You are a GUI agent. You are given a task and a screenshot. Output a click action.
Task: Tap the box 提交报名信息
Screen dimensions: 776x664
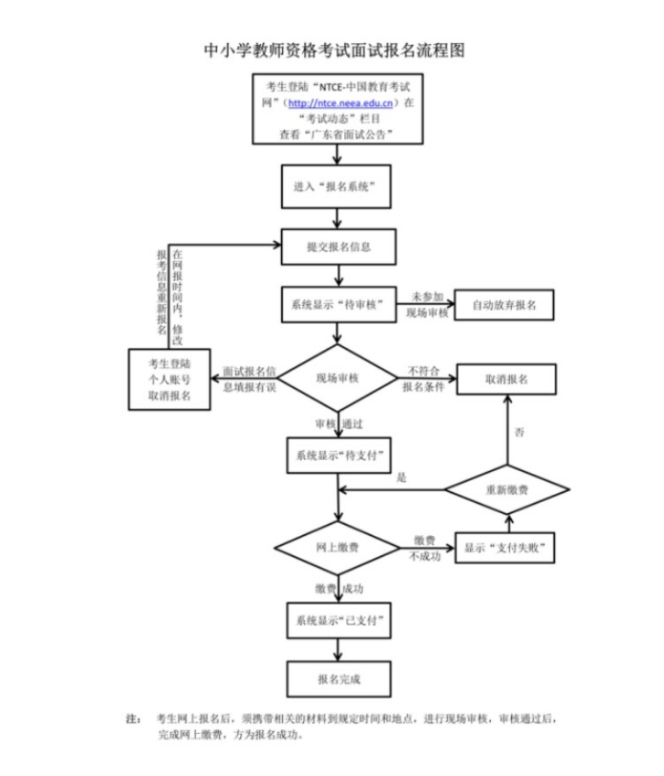(339, 246)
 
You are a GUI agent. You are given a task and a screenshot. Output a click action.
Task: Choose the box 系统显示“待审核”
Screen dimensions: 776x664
(338, 303)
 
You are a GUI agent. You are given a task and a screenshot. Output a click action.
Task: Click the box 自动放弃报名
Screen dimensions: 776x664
(505, 303)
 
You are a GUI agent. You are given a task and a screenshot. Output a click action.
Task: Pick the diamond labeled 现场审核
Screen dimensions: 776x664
(339, 377)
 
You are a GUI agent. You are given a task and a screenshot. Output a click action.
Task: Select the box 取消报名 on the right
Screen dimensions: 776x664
(505, 377)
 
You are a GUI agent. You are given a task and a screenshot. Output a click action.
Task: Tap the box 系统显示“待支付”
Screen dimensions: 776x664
(338, 454)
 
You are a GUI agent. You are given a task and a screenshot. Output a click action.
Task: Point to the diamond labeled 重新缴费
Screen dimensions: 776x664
(505, 491)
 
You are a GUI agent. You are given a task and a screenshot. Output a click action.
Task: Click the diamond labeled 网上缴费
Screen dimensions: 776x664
(337, 547)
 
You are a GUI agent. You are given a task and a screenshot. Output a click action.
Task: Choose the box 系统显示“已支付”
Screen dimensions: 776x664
(338, 620)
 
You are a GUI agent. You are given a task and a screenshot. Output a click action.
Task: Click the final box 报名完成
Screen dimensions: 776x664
(338, 679)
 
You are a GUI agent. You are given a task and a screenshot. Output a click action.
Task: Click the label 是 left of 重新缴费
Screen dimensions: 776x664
(401, 478)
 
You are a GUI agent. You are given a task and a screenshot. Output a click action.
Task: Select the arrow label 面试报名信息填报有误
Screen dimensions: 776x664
(251, 378)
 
